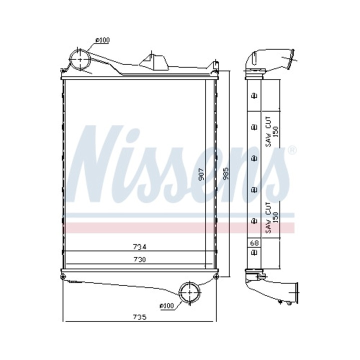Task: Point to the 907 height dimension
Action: click(x=200, y=173)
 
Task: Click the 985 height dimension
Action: click(x=225, y=173)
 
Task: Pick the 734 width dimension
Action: click(x=139, y=246)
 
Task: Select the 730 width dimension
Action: click(x=139, y=260)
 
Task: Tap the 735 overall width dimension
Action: click(x=139, y=317)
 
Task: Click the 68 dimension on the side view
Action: click(x=254, y=243)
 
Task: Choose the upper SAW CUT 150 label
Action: click(x=271, y=132)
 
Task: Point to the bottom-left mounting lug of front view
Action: click(x=62, y=276)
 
